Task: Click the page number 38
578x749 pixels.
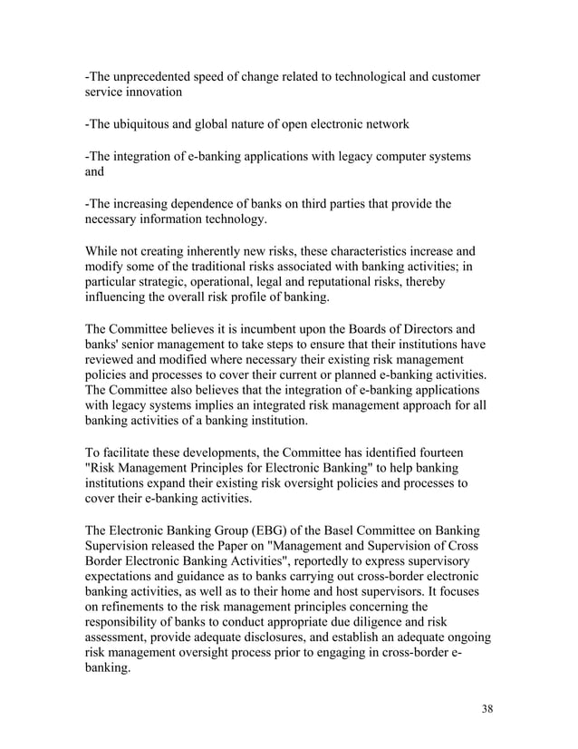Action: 486,709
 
